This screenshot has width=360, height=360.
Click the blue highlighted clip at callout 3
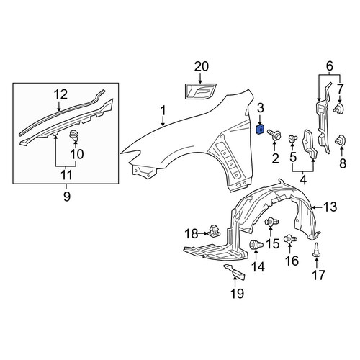coord(260,130)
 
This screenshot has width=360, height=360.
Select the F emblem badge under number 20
coord(201,91)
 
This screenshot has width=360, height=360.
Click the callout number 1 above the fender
coord(163,111)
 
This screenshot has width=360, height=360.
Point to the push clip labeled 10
coord(74,137)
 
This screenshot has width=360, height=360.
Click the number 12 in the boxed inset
coord(60,94)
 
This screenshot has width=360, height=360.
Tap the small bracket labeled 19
coord(235,273)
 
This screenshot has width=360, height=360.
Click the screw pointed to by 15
coord(271,222)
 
